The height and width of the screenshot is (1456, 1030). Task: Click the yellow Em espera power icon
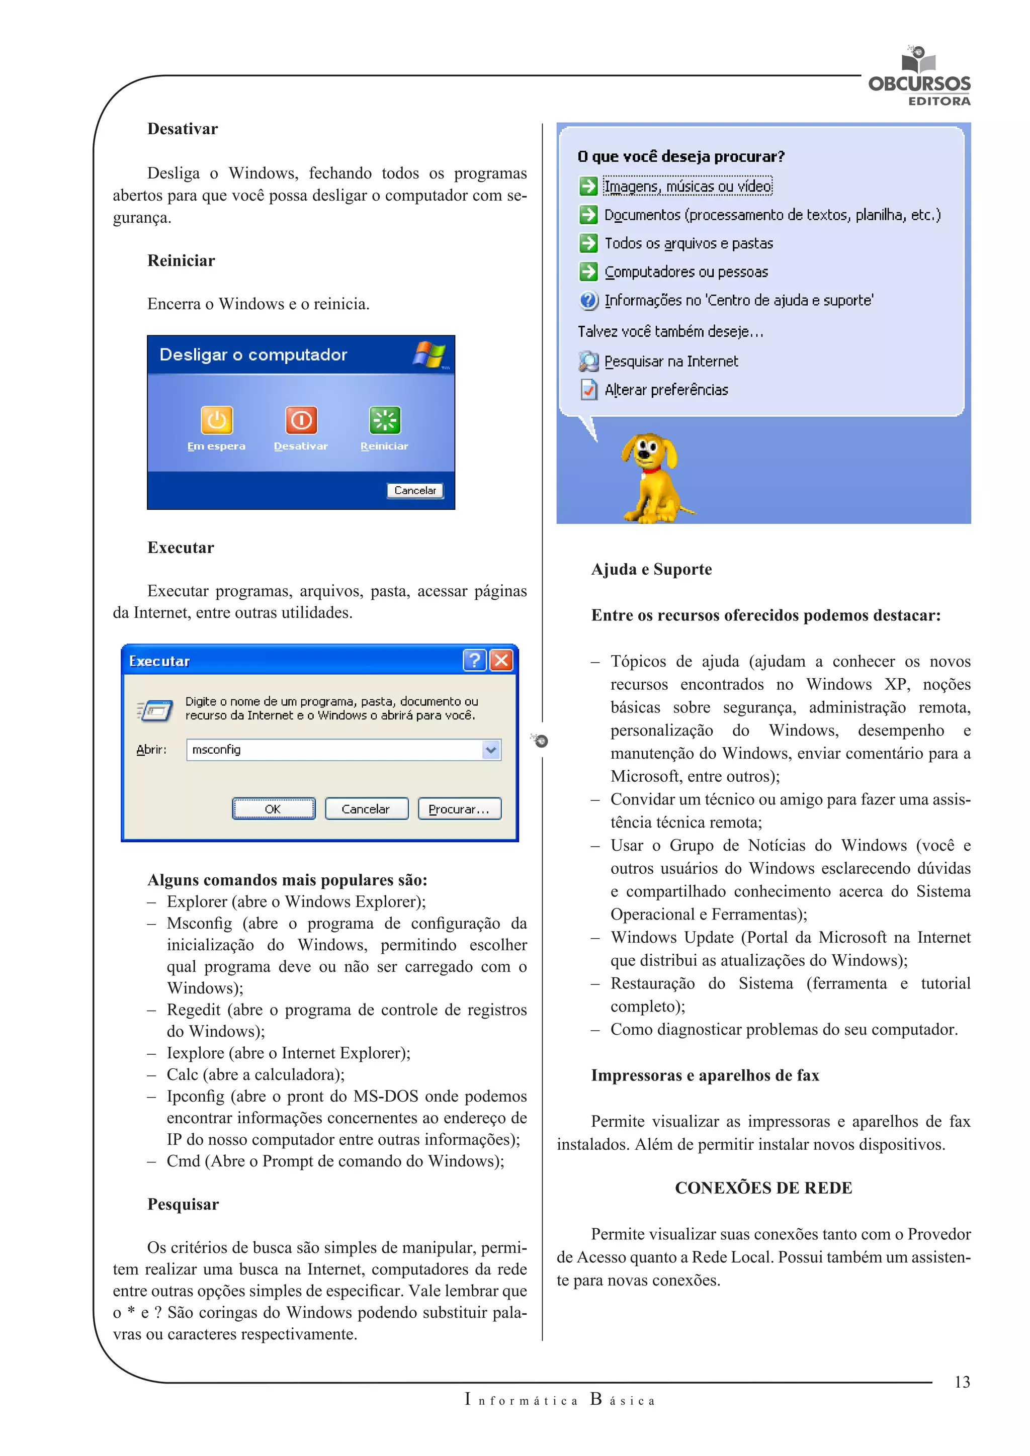coord(216,420)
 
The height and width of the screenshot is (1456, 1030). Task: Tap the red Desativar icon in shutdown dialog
coord(301,420)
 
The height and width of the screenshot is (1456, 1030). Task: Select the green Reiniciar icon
coord(384,420)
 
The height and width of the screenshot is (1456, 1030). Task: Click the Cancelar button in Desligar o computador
coord(415,490)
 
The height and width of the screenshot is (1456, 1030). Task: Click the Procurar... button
coord(459,809)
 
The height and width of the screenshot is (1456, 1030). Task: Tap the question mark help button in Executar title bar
coord(474,661)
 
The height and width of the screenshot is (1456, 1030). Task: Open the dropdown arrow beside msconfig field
coord(491,750)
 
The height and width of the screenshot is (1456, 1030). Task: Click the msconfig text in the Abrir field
coord(216,750)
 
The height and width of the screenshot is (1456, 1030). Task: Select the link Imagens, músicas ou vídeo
coord(688,187)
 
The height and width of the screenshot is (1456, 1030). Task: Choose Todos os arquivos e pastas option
coord(688,243)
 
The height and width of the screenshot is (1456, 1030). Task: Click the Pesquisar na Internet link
coord(670,361)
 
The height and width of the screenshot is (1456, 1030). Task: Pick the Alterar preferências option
coord(666,390)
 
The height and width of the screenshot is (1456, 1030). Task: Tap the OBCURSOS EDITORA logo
coord(919,79)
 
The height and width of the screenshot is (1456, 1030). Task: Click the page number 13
coord(962,1383)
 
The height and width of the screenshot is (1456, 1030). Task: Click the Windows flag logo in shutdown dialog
coord(430,354)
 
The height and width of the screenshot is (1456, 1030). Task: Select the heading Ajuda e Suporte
coord(651,570)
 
